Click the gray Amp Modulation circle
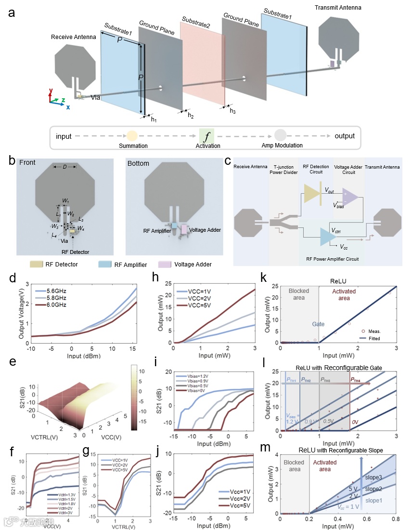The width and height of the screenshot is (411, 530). [281, 136]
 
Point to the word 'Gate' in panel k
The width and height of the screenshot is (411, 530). [318, 324]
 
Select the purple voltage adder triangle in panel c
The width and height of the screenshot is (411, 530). [349, 197]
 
